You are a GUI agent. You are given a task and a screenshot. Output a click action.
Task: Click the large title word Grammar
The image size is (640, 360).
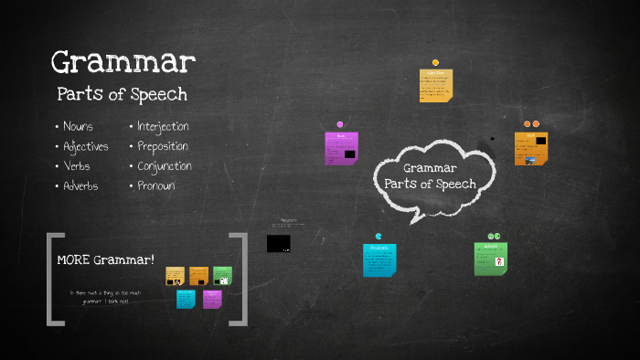coord(123,63)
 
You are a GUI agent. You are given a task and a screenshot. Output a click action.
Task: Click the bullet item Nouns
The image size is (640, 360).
coord(78,126)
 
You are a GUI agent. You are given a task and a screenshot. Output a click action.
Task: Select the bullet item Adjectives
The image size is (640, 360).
coord(86,146)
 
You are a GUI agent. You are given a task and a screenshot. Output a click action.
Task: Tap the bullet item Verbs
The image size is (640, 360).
coord(77,166)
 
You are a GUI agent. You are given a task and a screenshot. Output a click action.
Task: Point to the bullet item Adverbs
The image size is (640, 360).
coord(80,186)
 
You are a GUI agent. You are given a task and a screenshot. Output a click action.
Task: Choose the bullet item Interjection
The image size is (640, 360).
coord(164,126)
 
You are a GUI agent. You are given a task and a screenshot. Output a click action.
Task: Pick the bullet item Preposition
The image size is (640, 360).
coord(163,146)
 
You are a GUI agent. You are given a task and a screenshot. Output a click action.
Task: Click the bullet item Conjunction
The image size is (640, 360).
coord(165,166)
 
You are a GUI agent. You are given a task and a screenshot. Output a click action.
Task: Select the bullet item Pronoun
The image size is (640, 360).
coord(156,186)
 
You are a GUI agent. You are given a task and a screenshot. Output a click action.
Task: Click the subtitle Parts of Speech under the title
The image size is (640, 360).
coord(122,93)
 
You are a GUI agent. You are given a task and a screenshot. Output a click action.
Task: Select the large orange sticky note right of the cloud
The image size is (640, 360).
coord(530,148)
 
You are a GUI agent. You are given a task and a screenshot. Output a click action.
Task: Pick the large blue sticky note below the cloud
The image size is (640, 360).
coord(379,259)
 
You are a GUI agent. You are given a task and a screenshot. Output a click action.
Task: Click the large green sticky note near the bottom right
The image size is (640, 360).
coord(490,259)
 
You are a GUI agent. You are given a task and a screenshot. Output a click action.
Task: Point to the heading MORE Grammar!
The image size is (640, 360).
coord(106,259)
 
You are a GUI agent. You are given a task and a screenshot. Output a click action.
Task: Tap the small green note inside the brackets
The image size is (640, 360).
coord(222,275)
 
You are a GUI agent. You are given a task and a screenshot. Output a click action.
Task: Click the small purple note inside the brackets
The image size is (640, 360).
coord(212,299)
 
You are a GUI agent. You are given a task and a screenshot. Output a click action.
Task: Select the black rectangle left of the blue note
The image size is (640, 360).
coord(279,244)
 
